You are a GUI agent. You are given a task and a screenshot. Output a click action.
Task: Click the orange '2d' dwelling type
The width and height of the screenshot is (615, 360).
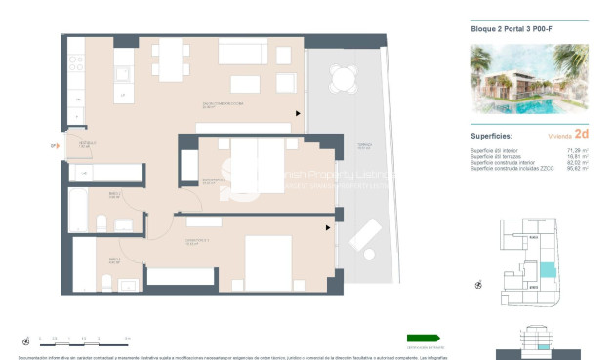(583, 135)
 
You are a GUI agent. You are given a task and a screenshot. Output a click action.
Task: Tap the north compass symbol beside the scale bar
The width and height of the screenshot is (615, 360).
(26, 340)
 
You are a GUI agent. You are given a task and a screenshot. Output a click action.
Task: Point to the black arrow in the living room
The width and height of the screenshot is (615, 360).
(299, 114)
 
